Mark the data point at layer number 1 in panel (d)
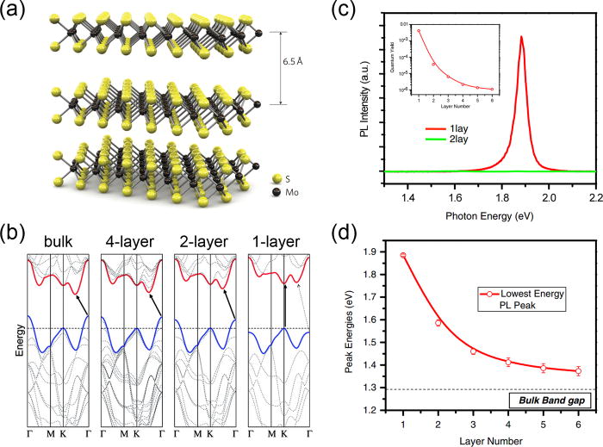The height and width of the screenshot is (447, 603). click(403, 255)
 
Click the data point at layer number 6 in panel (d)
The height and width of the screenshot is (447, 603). click(578, 371)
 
